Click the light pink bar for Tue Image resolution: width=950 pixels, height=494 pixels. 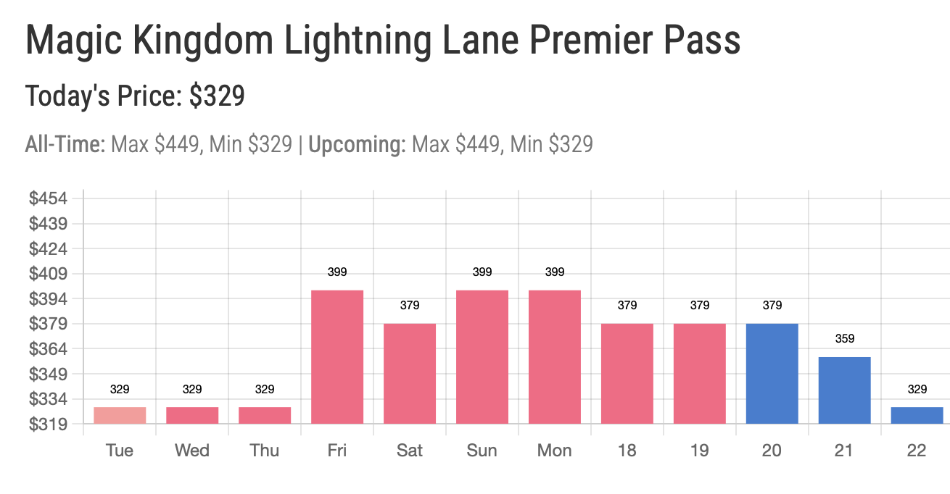[120, 415]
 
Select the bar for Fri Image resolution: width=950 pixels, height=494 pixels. [337, 356]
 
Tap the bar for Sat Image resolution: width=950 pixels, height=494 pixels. [410, 373]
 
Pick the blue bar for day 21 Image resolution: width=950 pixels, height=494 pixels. [845, 390]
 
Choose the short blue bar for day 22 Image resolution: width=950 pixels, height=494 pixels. [917, 415]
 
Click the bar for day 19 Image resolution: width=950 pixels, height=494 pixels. [700, 373]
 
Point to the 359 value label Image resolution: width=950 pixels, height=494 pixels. [845, 338]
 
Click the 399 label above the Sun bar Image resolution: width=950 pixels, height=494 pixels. [482, 272]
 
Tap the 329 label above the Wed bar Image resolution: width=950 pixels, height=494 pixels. [192, 390]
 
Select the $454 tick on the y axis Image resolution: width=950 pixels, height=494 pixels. [48, 198]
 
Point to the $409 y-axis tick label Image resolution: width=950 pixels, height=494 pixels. [48, 274]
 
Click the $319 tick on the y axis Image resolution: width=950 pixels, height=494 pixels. [48, 424]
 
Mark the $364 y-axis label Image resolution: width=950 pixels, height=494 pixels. [48, 349]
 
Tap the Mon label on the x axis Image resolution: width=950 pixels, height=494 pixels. [555, 451]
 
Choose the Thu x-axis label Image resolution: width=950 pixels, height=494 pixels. [265, 451]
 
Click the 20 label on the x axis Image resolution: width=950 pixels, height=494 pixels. [772, 451]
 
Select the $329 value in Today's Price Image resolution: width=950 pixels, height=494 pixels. [217, 96]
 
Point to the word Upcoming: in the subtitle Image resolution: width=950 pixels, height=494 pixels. [357, 145]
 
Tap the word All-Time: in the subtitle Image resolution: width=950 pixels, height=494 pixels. [65, 145]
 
